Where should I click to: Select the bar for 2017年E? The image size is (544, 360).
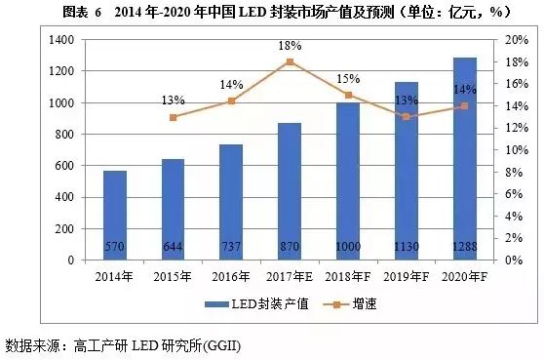(x=290, y=191)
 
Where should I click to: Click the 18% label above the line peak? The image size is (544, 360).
(x=290, y=45)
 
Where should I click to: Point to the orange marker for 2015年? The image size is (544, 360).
(x=174, y=117)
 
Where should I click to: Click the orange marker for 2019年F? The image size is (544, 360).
(x=406, y=116)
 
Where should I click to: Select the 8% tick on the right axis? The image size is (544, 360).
(x=513, y=173)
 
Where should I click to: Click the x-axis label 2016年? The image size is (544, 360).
(x=231, y=275)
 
